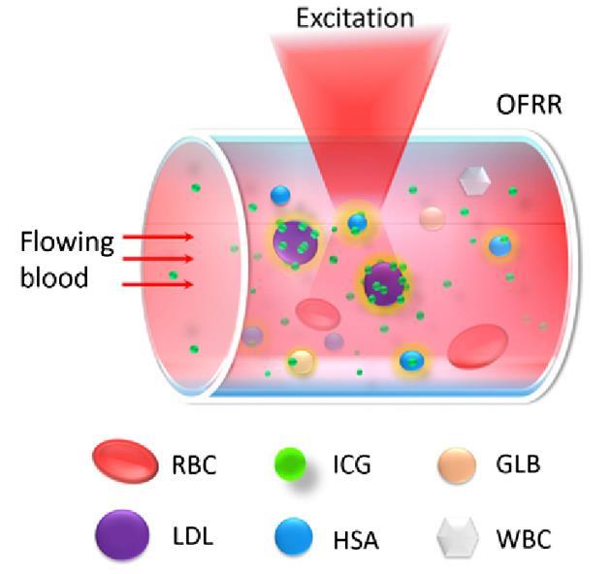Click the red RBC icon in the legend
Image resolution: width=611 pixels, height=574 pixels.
pyautogui.click(x=127, y=464)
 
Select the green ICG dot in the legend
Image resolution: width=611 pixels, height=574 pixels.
pyautogui.click(x=288, y=463)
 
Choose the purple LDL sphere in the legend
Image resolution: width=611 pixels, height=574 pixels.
pyautogui.click(x=123, y=533)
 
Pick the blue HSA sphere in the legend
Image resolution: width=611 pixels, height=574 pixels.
pyautogui.click(x=288, y=533)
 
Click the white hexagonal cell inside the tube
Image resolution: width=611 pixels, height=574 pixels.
pyautogui.click(x=474, y=179)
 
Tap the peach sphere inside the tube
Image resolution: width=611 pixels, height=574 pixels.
pyautogui.click(x=433, y=217)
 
